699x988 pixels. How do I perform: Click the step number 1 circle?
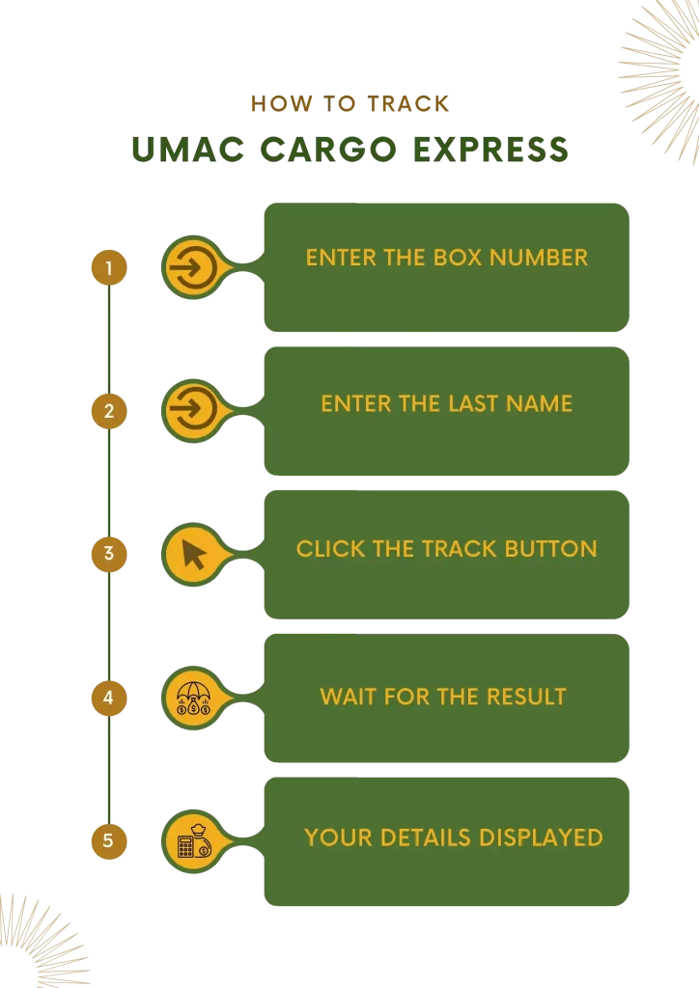point(109,268)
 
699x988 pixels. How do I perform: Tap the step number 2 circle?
point(109,411)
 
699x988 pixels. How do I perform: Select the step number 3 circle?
point(109,554)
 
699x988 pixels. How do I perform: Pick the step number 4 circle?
point(109,698)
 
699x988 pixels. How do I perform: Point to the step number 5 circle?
point(109,841)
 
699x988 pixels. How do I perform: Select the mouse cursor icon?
point(194,555)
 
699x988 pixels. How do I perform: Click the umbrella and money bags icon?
point(193,699)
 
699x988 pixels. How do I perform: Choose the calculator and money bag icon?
point(195,841)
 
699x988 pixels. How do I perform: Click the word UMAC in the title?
point(188,150)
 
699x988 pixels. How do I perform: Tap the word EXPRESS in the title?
point(491,150)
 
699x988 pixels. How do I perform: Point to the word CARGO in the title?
point(328,150)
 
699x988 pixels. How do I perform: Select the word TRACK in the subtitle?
point(408,103)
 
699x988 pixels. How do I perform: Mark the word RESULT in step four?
point(526,697)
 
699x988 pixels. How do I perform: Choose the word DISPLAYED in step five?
point(541,837)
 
